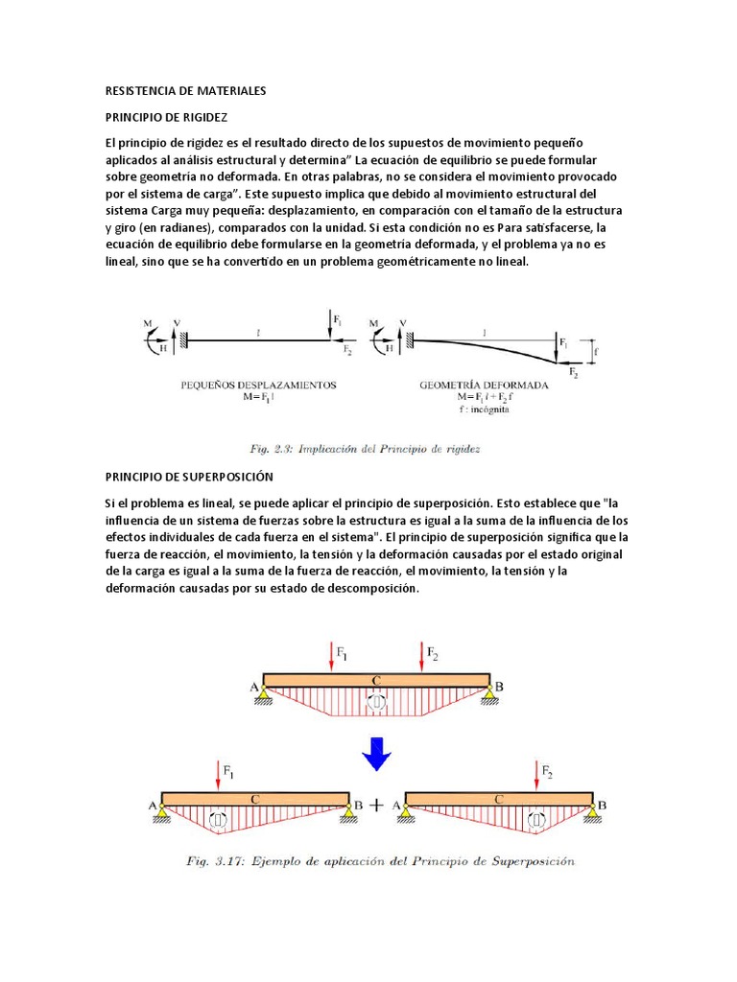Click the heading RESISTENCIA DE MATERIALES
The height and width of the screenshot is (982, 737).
[x=184, y=91]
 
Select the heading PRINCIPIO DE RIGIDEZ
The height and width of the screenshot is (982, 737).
[x=165, y=116]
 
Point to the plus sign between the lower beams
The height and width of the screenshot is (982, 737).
[x=376, y=806]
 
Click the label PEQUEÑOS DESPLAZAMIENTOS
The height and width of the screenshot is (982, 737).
[x=259, y=385]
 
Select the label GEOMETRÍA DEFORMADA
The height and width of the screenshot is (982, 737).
[x=485, y=385]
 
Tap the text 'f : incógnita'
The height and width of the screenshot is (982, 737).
[x=484, y=409]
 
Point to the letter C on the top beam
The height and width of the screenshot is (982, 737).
[x=376, y=680]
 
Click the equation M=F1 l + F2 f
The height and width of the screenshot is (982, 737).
[x=485, y=397]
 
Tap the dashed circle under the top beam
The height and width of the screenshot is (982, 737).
[x=377, y=703]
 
